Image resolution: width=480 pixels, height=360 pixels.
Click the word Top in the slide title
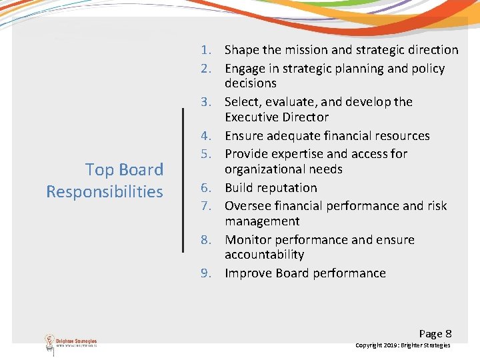tap(99, 170)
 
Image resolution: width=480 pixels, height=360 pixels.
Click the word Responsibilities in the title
tap(105, 192)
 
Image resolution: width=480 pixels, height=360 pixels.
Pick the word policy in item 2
tap(427, 69)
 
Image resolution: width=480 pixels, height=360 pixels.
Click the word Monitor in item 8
tap(248, 240)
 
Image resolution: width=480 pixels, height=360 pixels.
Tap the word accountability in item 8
tap(265, 255)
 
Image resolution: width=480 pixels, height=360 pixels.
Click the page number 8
tap(448, 333)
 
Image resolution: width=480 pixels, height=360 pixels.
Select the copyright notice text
tap(403, 345)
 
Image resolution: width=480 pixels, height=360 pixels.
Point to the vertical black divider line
tap(183, 180)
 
